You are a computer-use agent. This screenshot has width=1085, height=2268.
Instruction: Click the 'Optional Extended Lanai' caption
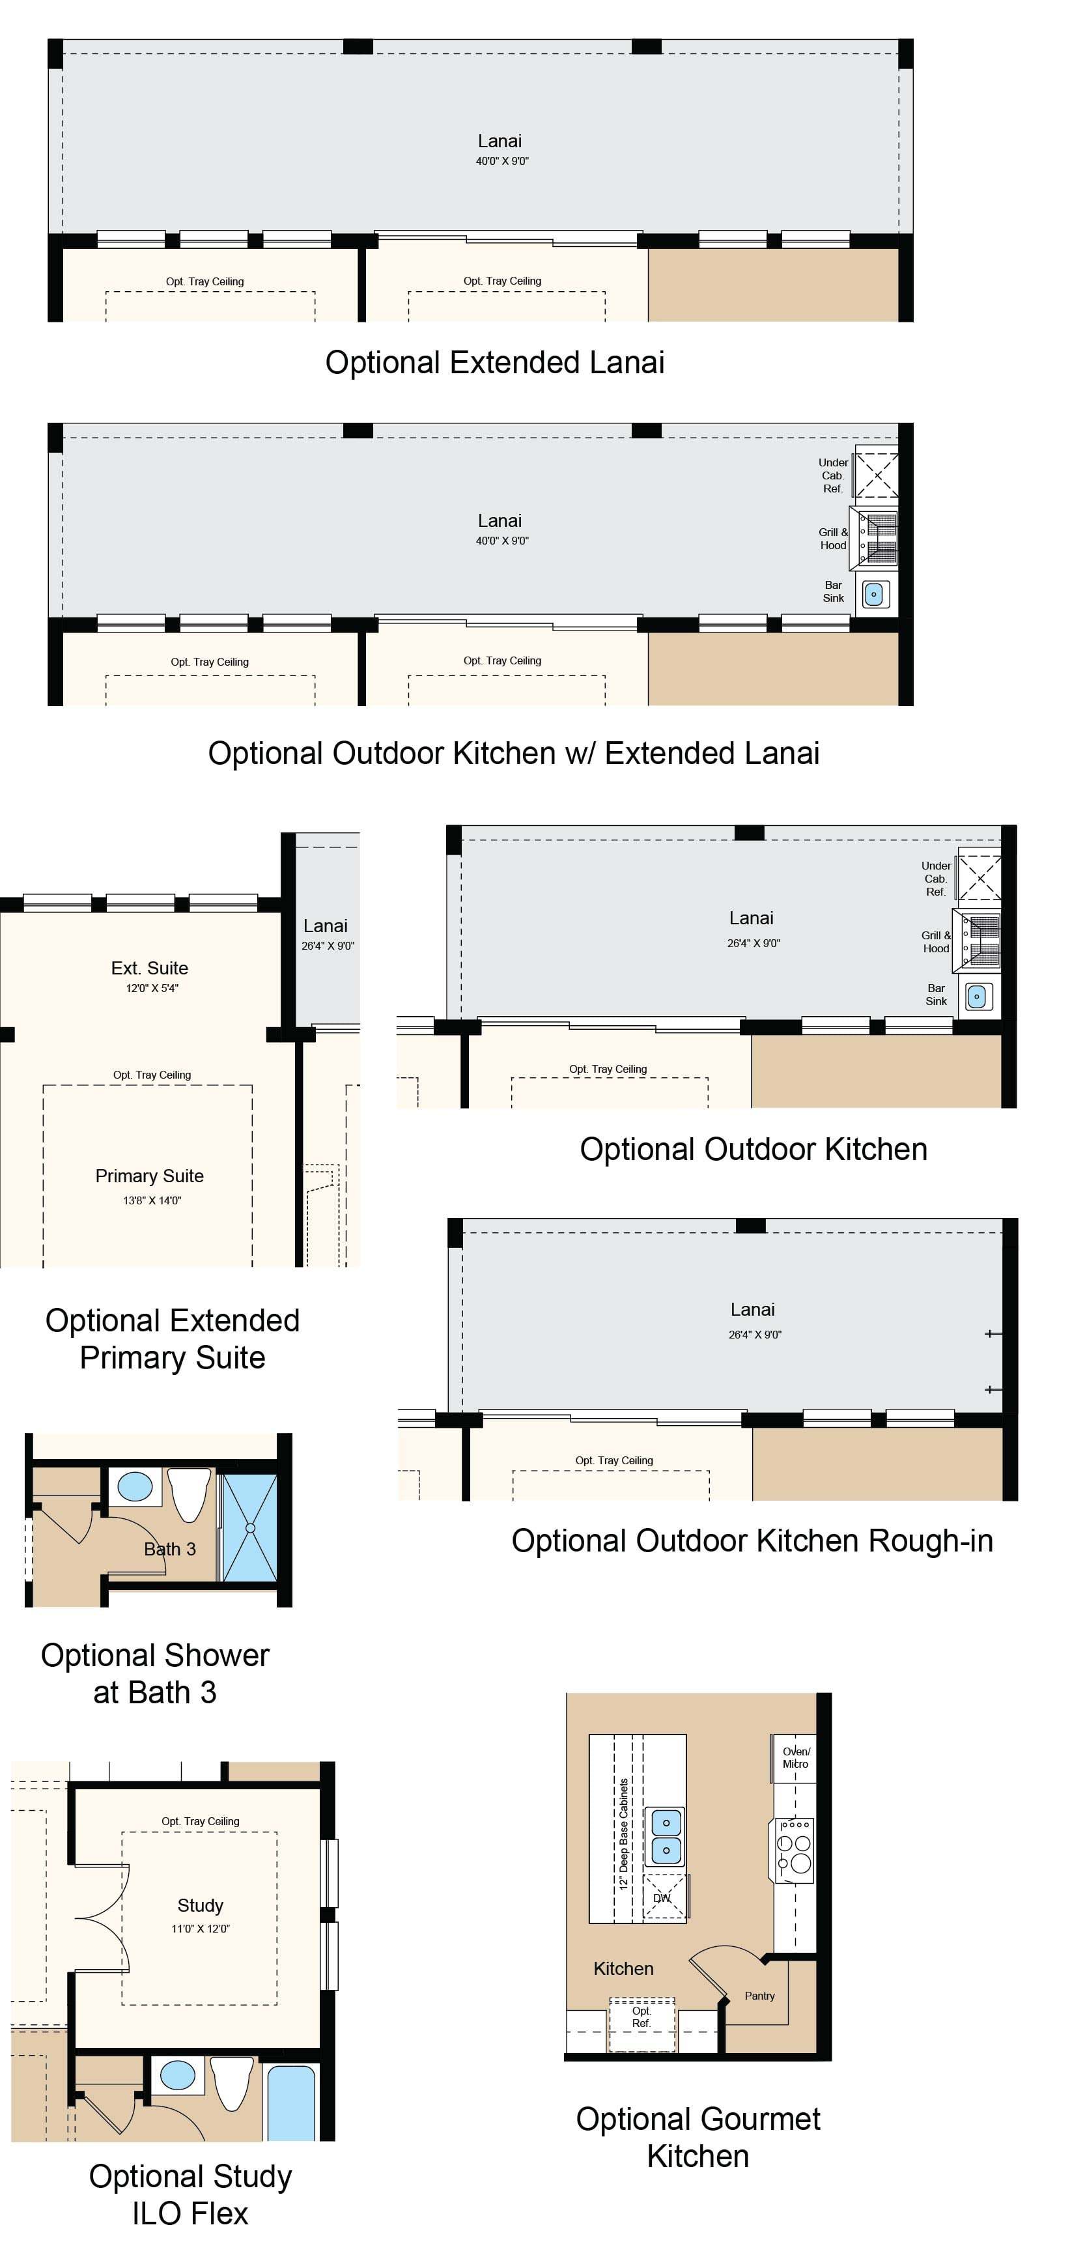click(x=494, y=363)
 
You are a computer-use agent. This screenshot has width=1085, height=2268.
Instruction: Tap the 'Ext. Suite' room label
click(x=150, y=969)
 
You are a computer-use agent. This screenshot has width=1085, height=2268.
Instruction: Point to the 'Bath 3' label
click(x=170, y=1549)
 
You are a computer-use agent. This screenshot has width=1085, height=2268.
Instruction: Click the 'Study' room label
click(x=201, y=1905)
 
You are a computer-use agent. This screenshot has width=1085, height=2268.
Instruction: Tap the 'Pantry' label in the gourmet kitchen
click(x=759, y=1996)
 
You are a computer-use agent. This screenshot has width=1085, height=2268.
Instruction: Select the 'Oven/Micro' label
click(x=795, y=1757)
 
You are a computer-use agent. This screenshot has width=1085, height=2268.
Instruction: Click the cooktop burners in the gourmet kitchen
click(x=794, y=1850)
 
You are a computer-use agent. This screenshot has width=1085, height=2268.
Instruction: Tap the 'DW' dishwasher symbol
click(x=662, y=1898)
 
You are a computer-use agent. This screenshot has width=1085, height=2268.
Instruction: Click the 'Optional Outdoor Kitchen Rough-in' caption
click(x=752, y=1540)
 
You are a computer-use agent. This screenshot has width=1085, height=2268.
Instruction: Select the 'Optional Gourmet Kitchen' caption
click(x=697, y=2138)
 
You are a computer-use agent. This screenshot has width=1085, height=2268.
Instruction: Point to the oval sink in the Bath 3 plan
click(x=135, y=1487)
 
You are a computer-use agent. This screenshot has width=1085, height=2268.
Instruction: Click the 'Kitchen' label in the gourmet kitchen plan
click(x=623, y=1968)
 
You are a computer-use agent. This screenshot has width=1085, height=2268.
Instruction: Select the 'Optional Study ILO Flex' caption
click(x=190, y=2194)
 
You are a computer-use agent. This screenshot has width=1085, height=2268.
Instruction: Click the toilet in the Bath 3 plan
click(x=190, y=1495)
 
